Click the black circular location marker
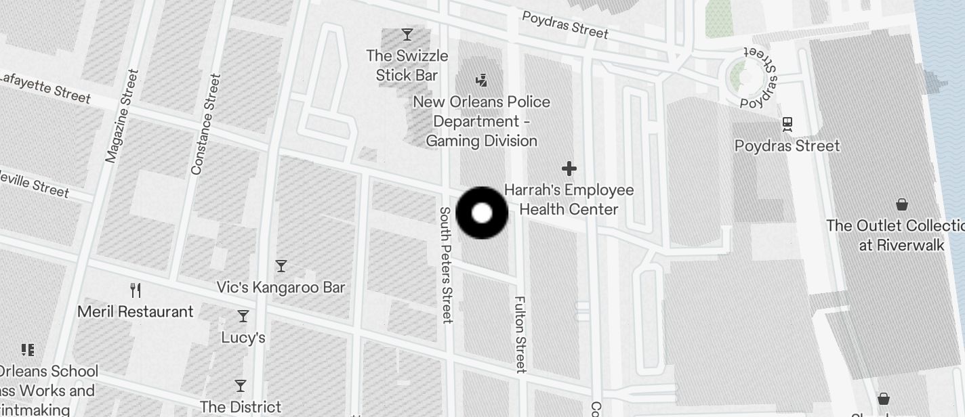pyautogui.click(x=482, y=213)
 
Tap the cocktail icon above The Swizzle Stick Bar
pyautogui.click(x=407, y=34)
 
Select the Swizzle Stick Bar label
pyautogui.click(x=407, y=65)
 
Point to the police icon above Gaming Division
pyautogui.click(x=482, y=81)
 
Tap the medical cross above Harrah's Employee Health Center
pyautogui.click(x=569, y=168)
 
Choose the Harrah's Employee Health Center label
pyautogui.click(x=569, y=200)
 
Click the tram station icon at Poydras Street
pyautogui.click(x=787, y=125)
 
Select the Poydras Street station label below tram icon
pyautogui.click(x=787, y=146)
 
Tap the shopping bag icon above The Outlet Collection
pyautogui.click(x=902, y=204)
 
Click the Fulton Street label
pyautogui.click(x=520, y=334)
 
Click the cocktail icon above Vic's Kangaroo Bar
pyautogui.click(x=281, y=265)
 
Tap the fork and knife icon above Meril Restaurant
pyautogui.click(x=136, y=290)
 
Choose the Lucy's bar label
pyautogui.click(x=243, y=337)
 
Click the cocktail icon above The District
pyautogui.click(x=241, y=386)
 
